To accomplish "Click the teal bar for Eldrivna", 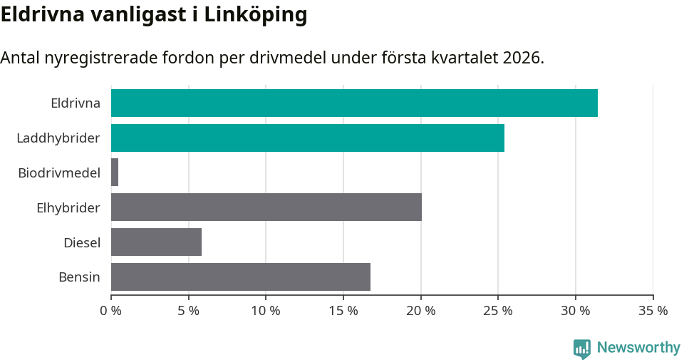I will (354, 103).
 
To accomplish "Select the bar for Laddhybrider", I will (308, 138).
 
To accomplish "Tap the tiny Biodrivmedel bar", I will (115, 173).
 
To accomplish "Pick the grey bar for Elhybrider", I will (266, 207).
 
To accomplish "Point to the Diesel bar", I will (156, 242).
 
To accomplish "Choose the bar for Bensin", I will (241, 277).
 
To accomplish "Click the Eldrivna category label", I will (76, 103).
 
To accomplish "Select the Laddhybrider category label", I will (58, 138).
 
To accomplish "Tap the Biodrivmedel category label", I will (59, 173).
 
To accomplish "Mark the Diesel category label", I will (82, 242).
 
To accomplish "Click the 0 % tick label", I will (111, 311).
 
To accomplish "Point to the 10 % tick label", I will (266, 311).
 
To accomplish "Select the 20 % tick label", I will (421, 311).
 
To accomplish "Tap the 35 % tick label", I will (653, 311).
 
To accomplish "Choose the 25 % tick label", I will (498, 311).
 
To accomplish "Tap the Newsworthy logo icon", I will (582, 349).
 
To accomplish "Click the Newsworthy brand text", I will (638, 348).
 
